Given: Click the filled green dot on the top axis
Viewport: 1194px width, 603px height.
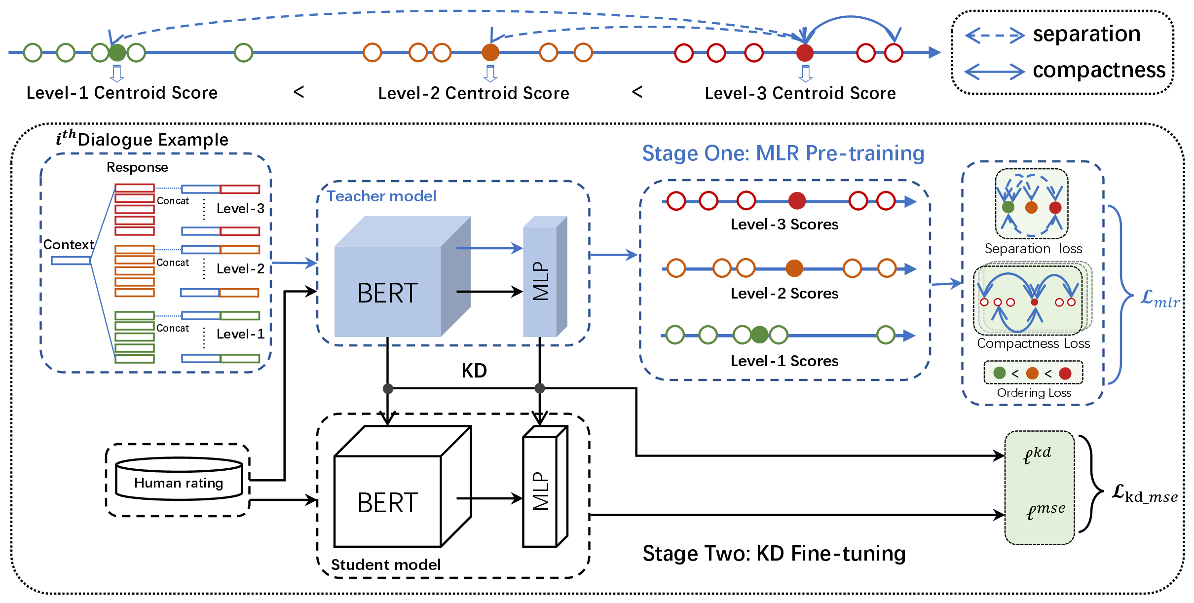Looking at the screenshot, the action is pos(117,52).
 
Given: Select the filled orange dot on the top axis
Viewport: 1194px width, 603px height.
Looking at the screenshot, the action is pos(490,52).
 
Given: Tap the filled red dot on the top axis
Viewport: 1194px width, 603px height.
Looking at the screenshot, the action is pos(805,52).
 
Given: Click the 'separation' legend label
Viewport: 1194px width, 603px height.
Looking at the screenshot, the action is pos(1086,34).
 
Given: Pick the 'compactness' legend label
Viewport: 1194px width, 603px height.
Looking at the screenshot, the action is pos(1099,70).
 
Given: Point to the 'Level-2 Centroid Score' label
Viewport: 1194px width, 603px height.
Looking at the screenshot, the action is pos(474,93).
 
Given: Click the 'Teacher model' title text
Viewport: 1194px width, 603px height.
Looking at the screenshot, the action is pos(381,196).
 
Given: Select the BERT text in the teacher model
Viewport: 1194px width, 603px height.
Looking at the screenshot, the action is pos(388,293).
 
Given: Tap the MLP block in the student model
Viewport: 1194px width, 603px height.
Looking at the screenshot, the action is pos(545,487).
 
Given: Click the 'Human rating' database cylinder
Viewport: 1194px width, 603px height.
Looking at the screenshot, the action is pos(179,479).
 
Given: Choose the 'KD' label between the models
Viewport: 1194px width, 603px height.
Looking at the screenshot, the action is pos(474,371).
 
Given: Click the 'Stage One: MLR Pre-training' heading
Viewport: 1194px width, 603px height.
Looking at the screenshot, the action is pos(783,153).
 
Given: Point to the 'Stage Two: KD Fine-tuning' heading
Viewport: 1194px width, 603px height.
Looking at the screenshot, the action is pos(774,554).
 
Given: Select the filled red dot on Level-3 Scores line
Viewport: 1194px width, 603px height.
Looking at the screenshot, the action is pos(797,201).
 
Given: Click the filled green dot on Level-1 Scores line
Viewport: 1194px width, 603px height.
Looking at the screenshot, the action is pos(759,335).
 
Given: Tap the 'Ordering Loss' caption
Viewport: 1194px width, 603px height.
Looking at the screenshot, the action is pos(1034,393).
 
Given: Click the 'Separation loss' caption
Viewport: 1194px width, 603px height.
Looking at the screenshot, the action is pos(1033,249).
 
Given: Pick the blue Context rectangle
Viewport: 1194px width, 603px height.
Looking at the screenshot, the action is pos(71,260).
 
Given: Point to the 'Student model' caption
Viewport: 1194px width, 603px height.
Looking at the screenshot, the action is pos(386,565).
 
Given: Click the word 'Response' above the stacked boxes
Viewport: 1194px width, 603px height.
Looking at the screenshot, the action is pos(137,168).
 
